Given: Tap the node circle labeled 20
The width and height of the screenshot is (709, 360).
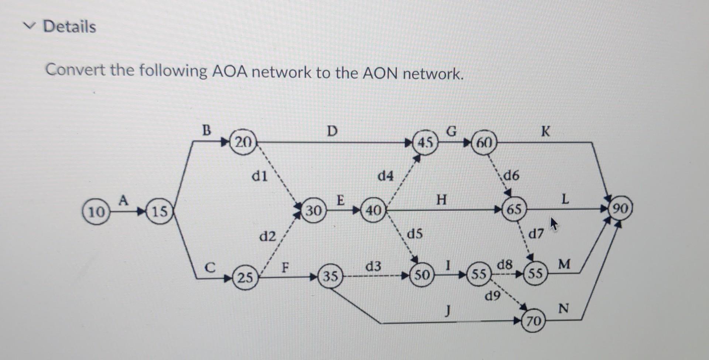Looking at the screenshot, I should pos(243,142).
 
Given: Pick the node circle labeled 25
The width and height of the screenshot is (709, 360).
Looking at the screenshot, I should pos(245,277).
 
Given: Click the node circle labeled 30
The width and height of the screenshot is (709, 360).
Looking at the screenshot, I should pos(314,210).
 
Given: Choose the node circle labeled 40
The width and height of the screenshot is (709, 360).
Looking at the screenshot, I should pos(373,210).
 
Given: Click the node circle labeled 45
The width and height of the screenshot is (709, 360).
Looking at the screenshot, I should pos(425,142).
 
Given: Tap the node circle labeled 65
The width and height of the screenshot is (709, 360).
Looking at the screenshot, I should pos(514,209).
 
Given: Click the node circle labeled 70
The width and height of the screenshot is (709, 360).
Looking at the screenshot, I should pos(534,321).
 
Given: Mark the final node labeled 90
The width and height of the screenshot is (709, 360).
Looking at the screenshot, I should pos(620,209).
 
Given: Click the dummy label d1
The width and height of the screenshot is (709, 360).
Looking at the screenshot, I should pos(259,176).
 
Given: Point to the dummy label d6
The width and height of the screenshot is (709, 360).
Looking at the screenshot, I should pos(511,175).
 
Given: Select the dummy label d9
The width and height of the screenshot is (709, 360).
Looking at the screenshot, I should pos(493,295).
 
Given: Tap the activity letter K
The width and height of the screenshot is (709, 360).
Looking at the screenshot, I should pos(545,131).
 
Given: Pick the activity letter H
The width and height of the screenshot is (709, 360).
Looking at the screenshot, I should pos(441,200).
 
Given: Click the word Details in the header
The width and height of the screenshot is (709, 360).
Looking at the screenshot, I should pos(69,27).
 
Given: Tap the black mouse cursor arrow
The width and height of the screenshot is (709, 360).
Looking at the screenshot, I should pos(553,224).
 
